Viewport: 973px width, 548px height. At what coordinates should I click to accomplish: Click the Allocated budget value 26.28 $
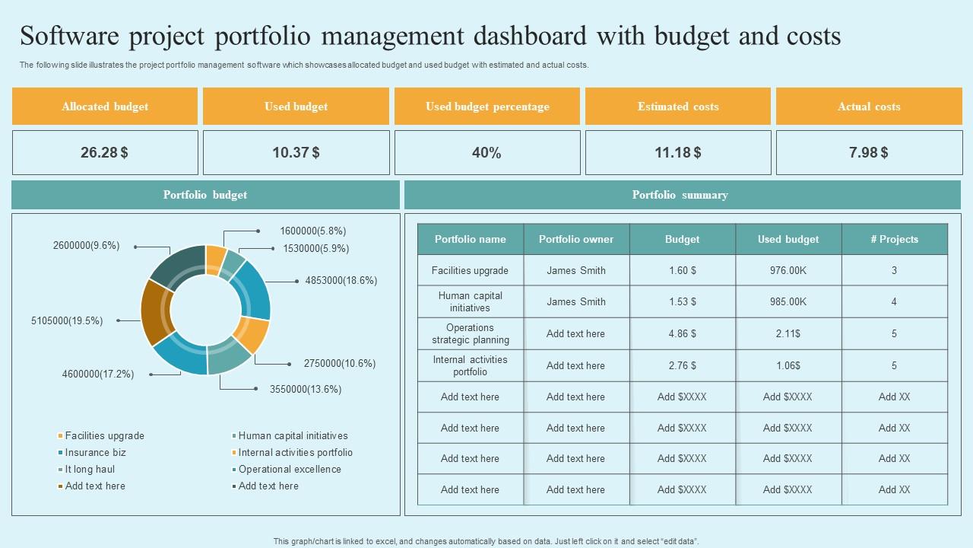coord(105,152)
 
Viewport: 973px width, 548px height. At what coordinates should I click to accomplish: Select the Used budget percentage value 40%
coord(486,152)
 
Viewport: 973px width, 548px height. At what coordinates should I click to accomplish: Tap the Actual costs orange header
coord(869,107)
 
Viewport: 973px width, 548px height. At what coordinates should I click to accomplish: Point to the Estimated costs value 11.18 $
coord(678,152)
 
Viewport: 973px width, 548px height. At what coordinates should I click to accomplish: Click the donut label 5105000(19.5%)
coord(67,320)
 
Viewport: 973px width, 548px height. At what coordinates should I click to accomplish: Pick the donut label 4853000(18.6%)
coord(341,280)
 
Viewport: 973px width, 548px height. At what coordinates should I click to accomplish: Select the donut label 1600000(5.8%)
coord(313,231)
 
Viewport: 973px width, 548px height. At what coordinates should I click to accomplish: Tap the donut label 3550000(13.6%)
coord(306,389)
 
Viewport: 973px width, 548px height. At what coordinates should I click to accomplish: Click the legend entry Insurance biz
coord(95,452)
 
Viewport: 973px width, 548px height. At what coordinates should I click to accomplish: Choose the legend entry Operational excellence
coord(290,469)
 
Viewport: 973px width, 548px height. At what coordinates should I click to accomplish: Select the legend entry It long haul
coord(90,469)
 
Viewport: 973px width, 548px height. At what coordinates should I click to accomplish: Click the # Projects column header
coord(894,239)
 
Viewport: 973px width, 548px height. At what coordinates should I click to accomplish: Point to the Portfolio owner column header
coord(576,239)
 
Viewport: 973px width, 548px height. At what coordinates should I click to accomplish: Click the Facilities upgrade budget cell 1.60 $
coord(683,270)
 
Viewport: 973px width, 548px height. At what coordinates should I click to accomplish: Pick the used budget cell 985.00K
coord(788,301)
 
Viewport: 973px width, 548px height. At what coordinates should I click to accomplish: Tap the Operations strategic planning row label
coord(471,333)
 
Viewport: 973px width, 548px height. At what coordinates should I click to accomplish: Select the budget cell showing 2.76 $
coord(683,365)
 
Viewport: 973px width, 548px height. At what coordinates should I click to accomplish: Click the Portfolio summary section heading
coord(680,195)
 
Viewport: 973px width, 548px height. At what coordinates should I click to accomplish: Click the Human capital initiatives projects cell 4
coord(894,301)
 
